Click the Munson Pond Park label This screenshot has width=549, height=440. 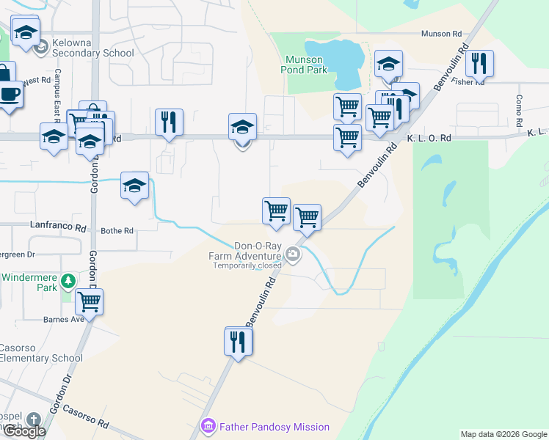(304, 65)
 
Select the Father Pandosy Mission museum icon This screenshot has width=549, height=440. (208, 426)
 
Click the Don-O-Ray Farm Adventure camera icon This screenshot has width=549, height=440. (294, 255)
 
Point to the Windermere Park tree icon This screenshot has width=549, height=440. (68, 279)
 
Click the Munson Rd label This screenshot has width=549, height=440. (441, 34)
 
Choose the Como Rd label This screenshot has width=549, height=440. (519, 109)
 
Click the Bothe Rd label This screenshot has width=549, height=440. (117, 230)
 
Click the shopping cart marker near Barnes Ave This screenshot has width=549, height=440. (89, 301)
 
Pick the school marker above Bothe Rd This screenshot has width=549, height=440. (134, 186)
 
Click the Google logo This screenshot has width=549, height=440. (24, 432)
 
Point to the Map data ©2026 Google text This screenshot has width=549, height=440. (503, 434)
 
